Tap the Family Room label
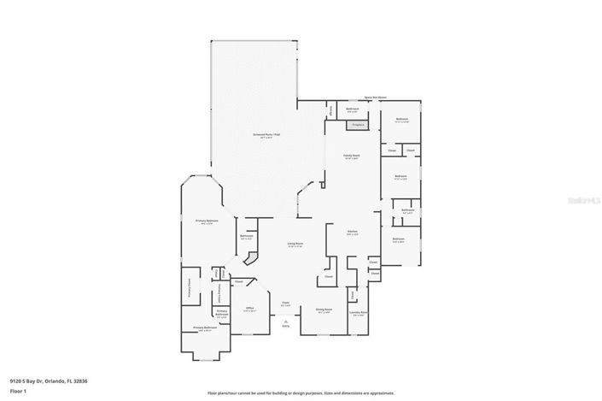tap(351, 156)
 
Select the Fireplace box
tap(356, 125)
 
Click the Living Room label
tap(295, 244)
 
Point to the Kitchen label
tap(351, 232)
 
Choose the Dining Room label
tap(324, 311)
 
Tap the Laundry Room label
tap(359, 313)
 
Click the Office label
tap(250, 309)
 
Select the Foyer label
tap(286, 304)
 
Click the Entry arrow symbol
tap(286, 321)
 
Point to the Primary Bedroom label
tap(207, 221)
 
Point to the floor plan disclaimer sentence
tap(301, 392)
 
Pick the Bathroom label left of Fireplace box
tap(352, 110)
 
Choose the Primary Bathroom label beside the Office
tap(222, 314)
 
